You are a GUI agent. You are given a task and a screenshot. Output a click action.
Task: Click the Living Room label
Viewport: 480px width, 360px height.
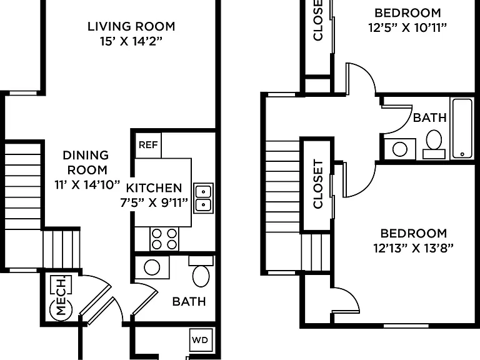(x=131, y=26)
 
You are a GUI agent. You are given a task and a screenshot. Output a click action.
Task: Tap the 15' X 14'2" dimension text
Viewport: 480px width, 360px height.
(x=131, y=41)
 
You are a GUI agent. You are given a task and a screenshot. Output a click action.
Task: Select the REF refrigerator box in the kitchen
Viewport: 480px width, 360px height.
(x=148, y=145)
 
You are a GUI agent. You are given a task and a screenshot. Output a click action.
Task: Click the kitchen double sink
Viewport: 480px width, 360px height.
(x=203, y=198)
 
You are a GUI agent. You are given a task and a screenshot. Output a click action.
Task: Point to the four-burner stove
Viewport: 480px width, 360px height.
(x=164, y=239)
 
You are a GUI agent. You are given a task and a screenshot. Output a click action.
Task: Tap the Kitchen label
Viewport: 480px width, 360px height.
(x=154, y=187)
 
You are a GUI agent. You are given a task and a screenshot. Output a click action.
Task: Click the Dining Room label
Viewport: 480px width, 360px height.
(x=86, y=162)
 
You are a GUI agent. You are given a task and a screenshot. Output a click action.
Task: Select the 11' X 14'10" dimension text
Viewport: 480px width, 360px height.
(x=87, y=184)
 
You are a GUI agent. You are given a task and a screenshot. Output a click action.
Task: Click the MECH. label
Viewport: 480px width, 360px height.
(x=61, y=296)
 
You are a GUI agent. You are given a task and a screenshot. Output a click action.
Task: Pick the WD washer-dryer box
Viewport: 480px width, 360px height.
(x=200, y=340)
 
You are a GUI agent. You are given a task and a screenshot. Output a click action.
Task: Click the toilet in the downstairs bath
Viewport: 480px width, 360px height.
(x=201, y=271)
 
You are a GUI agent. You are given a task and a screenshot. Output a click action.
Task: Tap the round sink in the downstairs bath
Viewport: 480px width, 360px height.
(x=152, y=267)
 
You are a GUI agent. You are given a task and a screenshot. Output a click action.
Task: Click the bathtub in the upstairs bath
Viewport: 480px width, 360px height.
(x=462, y=128)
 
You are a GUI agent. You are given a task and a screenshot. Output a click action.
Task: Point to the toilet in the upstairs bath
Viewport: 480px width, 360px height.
(x=434, y=144)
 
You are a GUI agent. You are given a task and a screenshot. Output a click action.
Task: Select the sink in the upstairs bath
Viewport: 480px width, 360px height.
(x=400, y=149)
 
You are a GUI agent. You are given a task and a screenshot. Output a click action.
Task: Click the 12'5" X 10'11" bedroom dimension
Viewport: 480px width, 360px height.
(x=407, y=28)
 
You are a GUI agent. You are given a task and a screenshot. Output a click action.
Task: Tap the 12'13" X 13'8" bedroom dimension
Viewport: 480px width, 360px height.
(x=413, y=248)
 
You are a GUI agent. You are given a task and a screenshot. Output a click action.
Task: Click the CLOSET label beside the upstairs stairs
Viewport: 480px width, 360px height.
(x=318, y=184)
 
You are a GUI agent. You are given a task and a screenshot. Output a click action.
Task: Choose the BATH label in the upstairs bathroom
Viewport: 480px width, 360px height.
(x=430, y=117)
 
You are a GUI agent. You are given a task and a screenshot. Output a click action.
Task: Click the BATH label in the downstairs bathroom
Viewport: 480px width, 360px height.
(x=189, y=301)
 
